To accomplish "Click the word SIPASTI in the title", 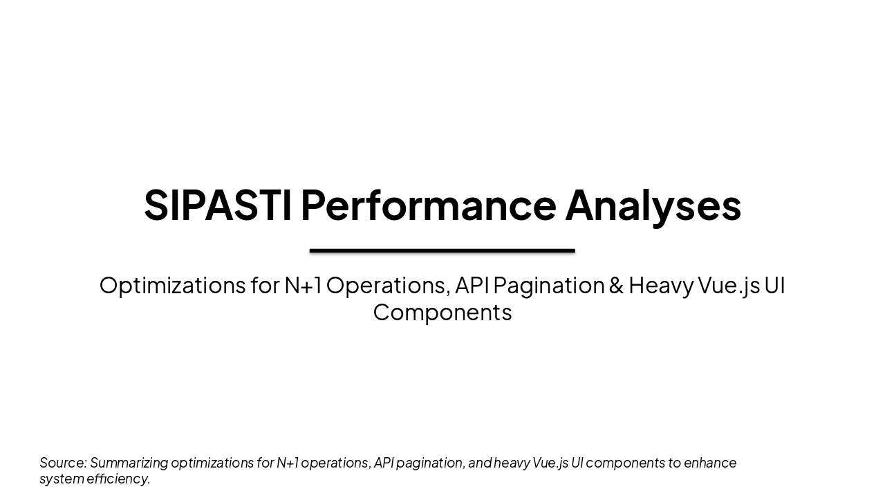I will (x=217, y=205).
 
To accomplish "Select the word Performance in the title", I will (x=428, y=205).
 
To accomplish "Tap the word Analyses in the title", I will (x=653, y=205).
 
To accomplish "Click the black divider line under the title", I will (x=442, y=250).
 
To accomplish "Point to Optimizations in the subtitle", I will (x=172, y=285).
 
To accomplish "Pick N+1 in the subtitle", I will (x=303, y=285).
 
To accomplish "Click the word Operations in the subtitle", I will (x=387, y=285).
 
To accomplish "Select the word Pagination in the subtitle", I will (x=548, y=285).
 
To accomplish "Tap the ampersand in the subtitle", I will (x=616, y=285).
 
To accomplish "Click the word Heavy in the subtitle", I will (x=660, y=285).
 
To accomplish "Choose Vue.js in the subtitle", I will (x=728, y=285).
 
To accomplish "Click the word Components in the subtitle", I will (x=442, y=312).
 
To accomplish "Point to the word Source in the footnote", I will (x=62, y=462).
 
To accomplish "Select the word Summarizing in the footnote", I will (x=129, y=463).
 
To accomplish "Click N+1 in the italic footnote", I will (x=287, y=462).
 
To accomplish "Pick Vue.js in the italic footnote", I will (x=550, y=463).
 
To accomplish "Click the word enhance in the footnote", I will (x=710, y=462).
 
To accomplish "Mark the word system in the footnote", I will (x=62, y=479).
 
